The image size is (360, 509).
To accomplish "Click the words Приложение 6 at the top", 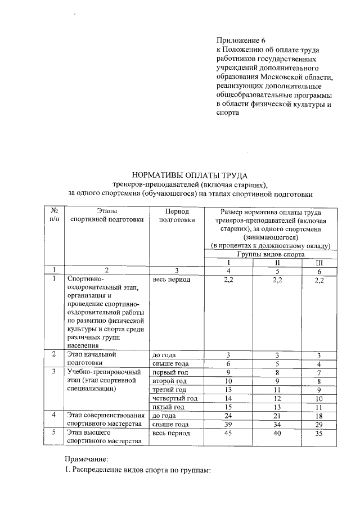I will coord(240,40).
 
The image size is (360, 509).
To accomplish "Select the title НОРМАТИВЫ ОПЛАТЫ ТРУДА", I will coord(190,175).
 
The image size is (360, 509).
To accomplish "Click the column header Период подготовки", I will coord(177,215).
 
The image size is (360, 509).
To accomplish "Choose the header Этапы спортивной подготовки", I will coord(106,215).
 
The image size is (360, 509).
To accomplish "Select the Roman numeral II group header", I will coord(277,262).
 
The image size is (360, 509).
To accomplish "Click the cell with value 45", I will coord(228,433).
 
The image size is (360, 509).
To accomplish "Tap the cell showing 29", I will coord(319,424).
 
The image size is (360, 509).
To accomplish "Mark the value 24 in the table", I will coord(228,415).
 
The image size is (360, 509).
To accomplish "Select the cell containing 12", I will coord(277,398).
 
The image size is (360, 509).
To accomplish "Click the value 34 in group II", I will coord(277,424).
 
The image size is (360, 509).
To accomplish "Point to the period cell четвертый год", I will coord(175,398).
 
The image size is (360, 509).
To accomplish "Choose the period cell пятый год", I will coord(169,407).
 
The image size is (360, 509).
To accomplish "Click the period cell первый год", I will coord(170,372).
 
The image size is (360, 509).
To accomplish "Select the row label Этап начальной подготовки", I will coord(91,359).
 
